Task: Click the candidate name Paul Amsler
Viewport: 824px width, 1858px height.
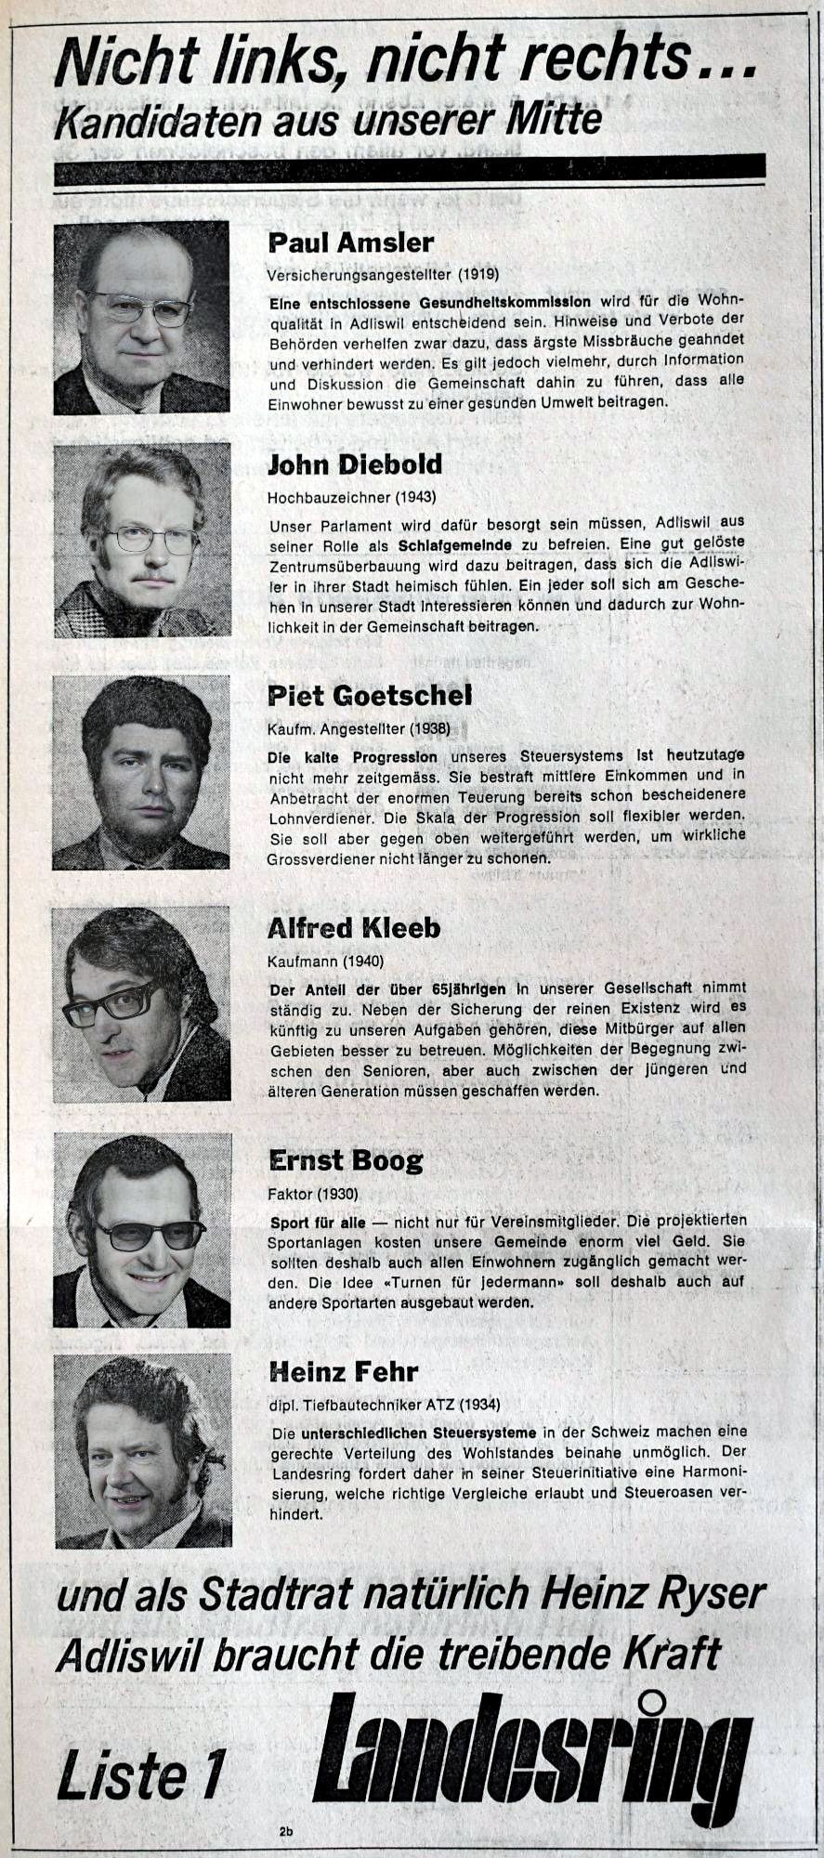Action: click(x=350, y=243)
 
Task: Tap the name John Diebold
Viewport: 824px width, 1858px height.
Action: click(x=355, y=464)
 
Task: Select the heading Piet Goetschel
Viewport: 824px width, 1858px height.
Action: click(x=369, y=694)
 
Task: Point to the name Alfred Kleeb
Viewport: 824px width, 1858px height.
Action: click(x=353, y=928)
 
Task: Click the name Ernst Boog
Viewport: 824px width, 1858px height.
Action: click(x=345, y=1160)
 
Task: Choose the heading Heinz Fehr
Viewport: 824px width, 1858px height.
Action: click(x=343, y=1371)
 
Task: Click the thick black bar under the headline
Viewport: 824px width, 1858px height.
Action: click(x=411, y=170)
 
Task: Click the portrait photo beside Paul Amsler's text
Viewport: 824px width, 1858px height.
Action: click(x=141, y=318)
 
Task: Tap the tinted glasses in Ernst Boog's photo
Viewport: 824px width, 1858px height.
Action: click(x=150, y=1235)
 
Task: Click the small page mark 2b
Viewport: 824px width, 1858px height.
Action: click(x=284, y=1832)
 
